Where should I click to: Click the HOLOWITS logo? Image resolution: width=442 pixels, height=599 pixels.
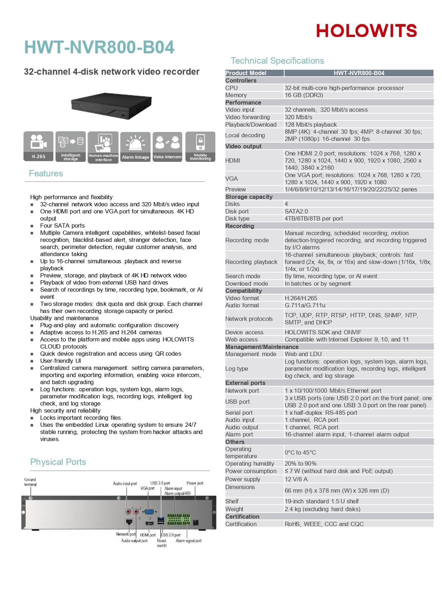click(366, 31)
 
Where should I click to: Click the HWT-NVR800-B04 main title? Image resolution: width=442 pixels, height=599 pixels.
click(99, 47)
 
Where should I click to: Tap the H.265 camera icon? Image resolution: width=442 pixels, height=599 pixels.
click(38, 146)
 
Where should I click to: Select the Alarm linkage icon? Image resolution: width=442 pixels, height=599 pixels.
click(135, 147)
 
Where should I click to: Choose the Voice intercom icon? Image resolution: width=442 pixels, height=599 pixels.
click(167, 147)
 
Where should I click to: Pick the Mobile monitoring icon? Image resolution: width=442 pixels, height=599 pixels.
click(200, 147)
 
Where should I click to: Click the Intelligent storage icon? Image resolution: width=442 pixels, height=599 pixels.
click(70, 146)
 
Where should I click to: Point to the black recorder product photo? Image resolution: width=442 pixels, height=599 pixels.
click(111, 105)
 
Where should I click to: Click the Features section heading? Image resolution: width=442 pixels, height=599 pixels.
click(46, 174)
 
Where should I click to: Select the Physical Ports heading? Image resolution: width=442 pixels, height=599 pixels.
click(58, 462)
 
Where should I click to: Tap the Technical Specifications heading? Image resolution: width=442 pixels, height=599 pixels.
click(277, 61)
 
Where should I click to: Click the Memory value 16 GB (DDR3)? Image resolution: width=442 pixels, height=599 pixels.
click(304, 95)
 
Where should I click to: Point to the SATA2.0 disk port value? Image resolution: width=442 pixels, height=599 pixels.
click(296, 211)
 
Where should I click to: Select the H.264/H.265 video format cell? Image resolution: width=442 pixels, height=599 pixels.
click(301, 298)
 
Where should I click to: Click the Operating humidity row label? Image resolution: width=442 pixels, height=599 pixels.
click(249, 464)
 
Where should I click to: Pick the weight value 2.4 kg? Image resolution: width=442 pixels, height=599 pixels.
click(322, 509)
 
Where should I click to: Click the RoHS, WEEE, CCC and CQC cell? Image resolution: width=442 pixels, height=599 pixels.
click(324, 524)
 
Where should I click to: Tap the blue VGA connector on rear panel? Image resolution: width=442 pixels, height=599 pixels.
click(149, 512)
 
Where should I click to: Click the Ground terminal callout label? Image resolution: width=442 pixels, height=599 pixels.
click(30, 482)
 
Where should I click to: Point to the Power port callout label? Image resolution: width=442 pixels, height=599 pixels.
click(195, 483)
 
